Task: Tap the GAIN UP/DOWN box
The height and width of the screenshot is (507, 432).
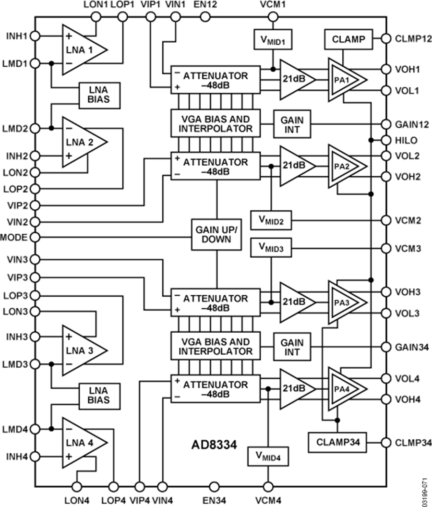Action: [x=216, y=234]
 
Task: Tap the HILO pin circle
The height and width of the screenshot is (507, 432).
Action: [x=385, y=140]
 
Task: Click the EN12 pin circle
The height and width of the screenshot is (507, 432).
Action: [x=205, y=16]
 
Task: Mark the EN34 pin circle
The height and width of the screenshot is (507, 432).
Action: [x=215, y=486]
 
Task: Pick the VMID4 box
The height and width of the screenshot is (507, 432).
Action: [x=268, y=456]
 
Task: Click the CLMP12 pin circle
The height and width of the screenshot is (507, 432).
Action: [x=385, y=38]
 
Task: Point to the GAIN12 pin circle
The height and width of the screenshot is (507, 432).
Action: [x=385, y=124]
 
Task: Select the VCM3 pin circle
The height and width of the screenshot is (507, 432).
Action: [x=385, y=249]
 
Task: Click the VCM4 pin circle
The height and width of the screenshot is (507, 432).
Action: [x=268, y=486]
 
